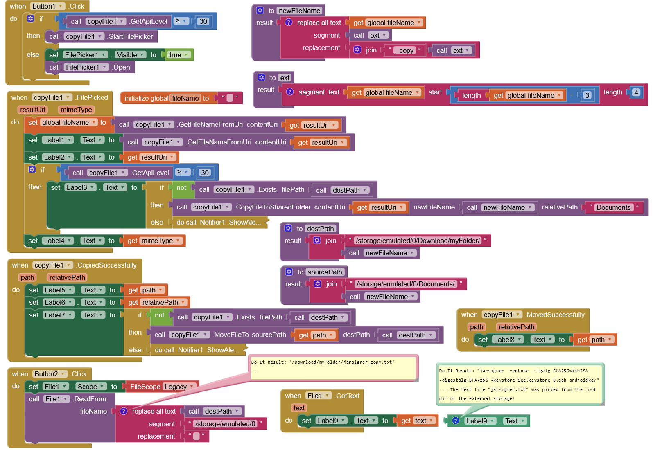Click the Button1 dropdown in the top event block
[47, 6]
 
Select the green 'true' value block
[179, 55]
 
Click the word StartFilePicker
[131, 36]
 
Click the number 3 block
[587, 95]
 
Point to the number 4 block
[636, 92]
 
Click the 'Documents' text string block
[613, 207]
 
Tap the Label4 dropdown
[58, 241]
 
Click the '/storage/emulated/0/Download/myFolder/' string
[418, 241]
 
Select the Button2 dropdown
[50, 374]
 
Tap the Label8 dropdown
[508, 340]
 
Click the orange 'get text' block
[417, 421]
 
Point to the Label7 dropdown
[59, 315]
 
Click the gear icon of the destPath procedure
[289, 228]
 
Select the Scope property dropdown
[91, 387]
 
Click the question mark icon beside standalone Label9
[455, 421]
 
